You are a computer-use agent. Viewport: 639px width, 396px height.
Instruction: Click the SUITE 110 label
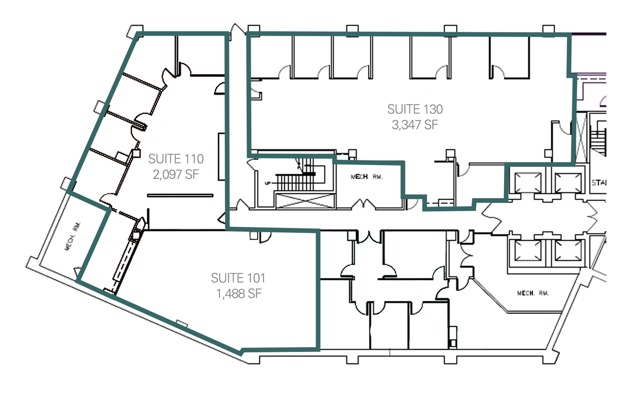(x=176, y=159)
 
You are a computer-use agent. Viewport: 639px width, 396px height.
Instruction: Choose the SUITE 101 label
(x=238, y=278)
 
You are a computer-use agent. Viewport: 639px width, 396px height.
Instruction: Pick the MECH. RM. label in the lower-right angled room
(x=533, y=293)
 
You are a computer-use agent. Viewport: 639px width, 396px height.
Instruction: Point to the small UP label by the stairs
(x=267, y=184)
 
